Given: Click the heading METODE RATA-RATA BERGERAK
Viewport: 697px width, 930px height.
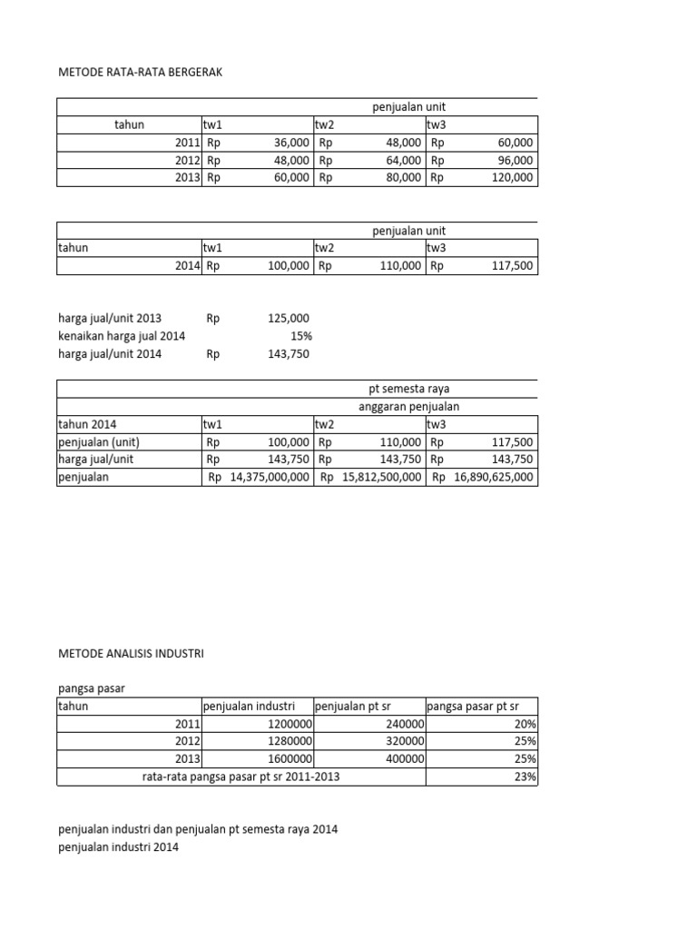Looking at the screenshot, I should (x=139, y=72).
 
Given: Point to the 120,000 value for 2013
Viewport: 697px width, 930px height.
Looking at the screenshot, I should (x=513, y=178).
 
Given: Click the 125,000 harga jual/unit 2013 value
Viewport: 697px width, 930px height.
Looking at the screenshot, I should (x=289, y=319).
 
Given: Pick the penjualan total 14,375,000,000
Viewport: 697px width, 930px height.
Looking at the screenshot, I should (x=270, y=477).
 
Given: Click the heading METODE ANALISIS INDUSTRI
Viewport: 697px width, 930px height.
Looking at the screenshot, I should (x=132, y=653).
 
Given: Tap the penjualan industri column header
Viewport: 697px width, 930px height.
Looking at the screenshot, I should (x=248, y=707).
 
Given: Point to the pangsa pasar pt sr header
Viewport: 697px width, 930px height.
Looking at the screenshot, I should (x=469, y=707).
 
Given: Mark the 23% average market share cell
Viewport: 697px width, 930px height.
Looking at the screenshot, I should (x=525, y=777).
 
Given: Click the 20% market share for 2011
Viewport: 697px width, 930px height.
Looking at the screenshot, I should (x=525, y=724).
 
